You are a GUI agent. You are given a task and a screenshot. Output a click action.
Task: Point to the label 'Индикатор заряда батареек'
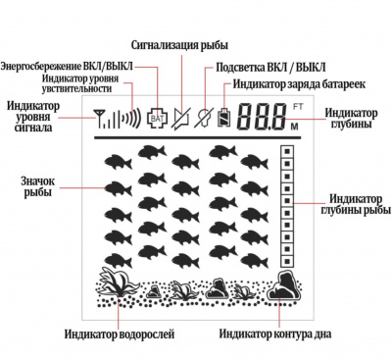click(x=297, y=85)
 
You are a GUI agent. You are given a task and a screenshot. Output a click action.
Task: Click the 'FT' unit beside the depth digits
click(x=298, y=105)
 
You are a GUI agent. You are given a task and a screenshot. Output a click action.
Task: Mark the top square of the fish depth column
click(x=286, y=153)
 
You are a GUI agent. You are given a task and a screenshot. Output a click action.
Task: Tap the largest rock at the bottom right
click(x=285, y=287)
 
